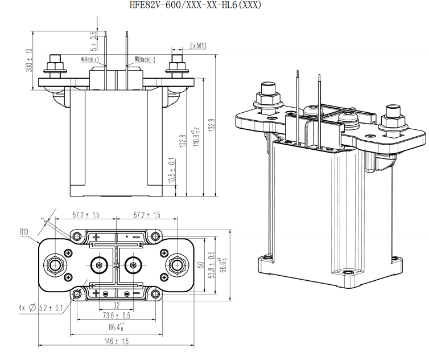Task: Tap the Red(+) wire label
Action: (x=89, y=60)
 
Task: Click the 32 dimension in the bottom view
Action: (x=116, y=305)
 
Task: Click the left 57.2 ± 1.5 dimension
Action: (x=86, y=215)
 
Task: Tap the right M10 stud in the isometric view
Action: (x=393, y=117)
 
